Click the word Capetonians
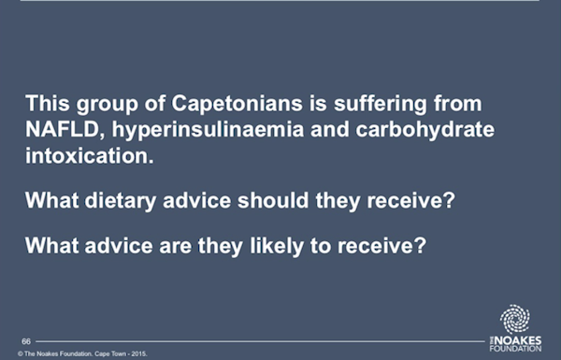click(237, 104)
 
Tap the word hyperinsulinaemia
click(208, 130)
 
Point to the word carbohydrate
click(425, 130)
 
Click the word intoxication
click(90, 155)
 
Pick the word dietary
click(121, 201)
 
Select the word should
click(273, 200)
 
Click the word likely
click(277, 246)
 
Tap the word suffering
click(381, 104)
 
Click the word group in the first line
click(107, 105)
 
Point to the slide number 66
click(26, 341)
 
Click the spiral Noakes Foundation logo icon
click(515, 319)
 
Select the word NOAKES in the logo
click(518, 340)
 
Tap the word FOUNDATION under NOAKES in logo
click(515, 349)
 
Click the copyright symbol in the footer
click(21, 353)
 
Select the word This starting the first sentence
click(48, 104)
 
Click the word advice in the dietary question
click(196, 200)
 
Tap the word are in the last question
click(176, 247)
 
